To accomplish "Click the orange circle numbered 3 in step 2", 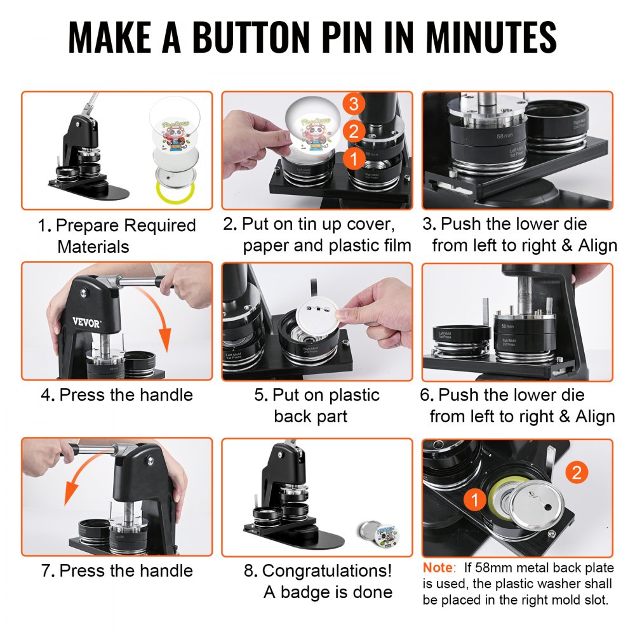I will [x=354, y=104].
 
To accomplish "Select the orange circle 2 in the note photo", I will [x=575, y=472].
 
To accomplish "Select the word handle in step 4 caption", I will [x=161, y=395].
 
